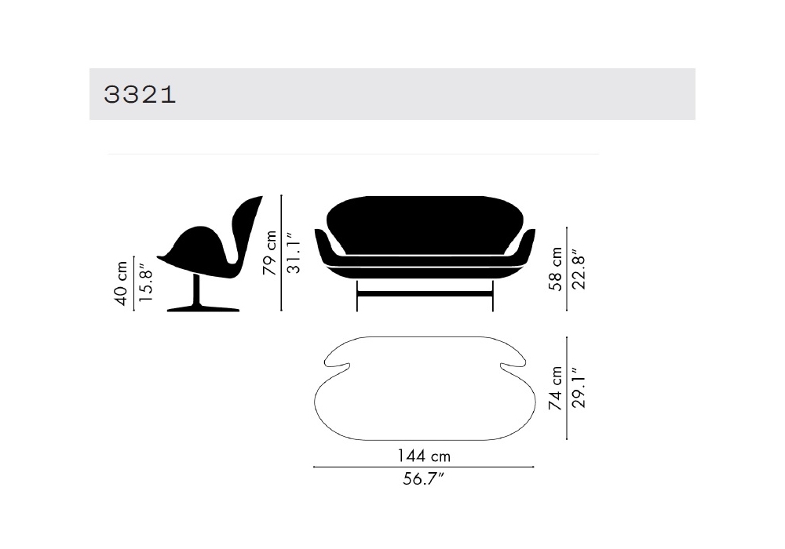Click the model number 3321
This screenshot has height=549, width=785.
[x=140, y=94]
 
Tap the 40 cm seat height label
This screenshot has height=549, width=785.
[x=121, y=283]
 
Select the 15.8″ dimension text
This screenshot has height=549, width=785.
[x=145, y=283]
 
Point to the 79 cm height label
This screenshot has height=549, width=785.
[x=270, y=253]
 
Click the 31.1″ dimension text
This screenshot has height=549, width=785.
[x=294, y=253]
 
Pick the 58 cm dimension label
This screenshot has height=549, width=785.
[x=555, y=268]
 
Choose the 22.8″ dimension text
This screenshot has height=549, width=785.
[x=579, y=268]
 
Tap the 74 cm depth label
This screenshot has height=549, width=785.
[x=555, y=388]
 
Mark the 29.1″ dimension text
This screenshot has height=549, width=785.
[x=579, y=388]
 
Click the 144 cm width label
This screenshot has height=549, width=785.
[x=424, y=456]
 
